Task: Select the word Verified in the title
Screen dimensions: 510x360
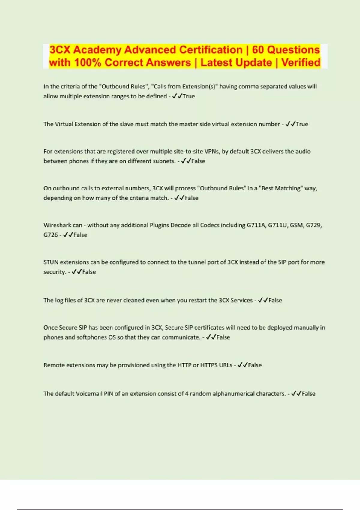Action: (x=301, y=63)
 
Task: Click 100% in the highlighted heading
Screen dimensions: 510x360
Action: (x=87, y=63)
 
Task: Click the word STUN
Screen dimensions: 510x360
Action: (x=51, y=262)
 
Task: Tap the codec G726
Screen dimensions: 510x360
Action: (x=50, y=235)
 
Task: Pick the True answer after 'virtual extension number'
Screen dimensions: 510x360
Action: (x=302, y=124)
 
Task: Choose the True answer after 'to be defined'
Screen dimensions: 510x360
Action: (x=189, y=96)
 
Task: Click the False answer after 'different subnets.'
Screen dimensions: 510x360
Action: (x=198, y=161)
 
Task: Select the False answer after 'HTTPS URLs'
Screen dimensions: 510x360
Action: (x=255, y=365)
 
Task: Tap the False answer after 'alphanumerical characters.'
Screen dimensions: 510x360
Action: (x=308, y=394)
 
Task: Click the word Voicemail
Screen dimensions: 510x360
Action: (x=89, y=394)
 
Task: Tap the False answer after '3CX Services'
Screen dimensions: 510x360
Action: (x=275, y=300)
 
